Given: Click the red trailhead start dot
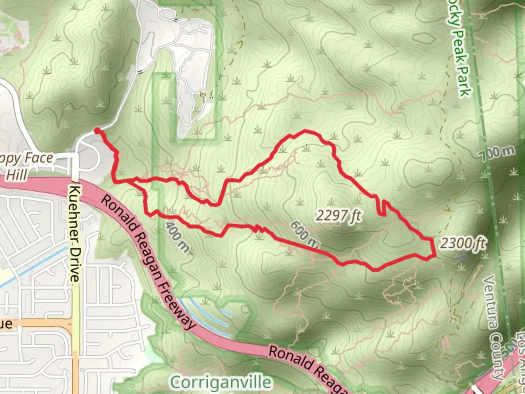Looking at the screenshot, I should (x=97, y=131).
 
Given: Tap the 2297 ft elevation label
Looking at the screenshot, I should (x=338, y=216).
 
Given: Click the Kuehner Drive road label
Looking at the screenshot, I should (x=74, y=233).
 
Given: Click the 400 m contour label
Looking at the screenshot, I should (x=178, y=236).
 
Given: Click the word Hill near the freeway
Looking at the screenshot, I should (x=17, y=175).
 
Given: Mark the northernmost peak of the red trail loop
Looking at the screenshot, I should (x=305, y=131).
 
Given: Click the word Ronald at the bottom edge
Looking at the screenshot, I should (x=292, y=359).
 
